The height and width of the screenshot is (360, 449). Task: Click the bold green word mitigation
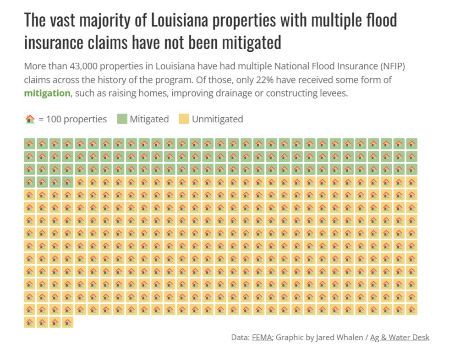tap(47, 93)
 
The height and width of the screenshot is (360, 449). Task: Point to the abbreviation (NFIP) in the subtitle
tap(393, 66)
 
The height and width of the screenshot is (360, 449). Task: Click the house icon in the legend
tap(30, 119)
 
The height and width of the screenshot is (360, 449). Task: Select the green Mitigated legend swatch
tap(122, 119)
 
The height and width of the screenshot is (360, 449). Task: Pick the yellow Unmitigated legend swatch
tap(184, 119)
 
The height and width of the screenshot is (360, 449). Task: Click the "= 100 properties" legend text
tap(72, 119)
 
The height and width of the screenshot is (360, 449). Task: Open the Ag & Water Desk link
tap(400, 338)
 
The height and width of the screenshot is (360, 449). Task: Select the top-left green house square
tap(30, 144)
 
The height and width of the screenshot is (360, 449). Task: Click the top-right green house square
tap(411, 144)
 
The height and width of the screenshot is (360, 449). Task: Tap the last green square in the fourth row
tap(68, 182)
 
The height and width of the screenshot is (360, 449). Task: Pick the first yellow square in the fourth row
tap(81, 182)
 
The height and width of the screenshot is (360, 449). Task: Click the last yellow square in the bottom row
tap(68, 322)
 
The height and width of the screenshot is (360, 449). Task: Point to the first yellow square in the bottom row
tap(30, 322)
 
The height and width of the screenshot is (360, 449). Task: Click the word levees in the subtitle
tap(333, 93)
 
